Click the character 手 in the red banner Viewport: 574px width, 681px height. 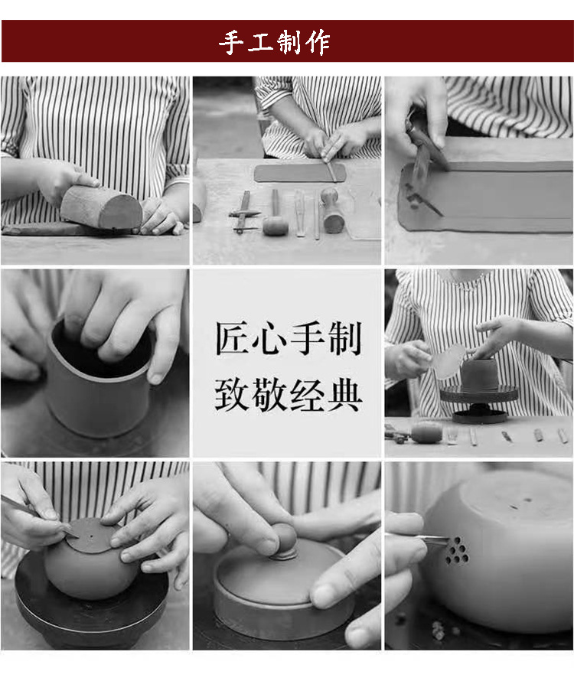click(232, 43)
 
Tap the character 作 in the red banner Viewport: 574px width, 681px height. click(318, 43)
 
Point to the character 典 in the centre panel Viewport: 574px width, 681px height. click(344, 395)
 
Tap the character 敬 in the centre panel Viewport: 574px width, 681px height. click(270, 395)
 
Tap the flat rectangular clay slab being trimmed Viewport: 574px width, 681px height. click(300, 173)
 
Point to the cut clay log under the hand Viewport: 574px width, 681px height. click(101, 207)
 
